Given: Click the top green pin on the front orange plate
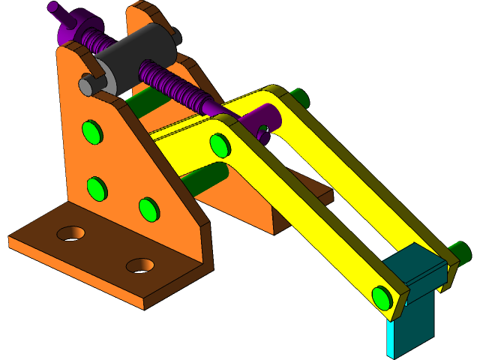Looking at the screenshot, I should pos(91,132).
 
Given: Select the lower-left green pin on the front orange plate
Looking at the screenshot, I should pos(96,187).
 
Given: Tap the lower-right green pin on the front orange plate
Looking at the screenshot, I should pos(149,208).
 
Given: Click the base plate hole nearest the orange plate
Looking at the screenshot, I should pos(70,232).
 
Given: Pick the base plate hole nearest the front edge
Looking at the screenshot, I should pos(140,265).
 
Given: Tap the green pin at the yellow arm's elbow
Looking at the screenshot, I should pos(219,143).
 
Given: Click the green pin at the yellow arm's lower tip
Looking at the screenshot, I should pos(382,298).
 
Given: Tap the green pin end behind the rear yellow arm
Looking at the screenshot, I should pos(299,97).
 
